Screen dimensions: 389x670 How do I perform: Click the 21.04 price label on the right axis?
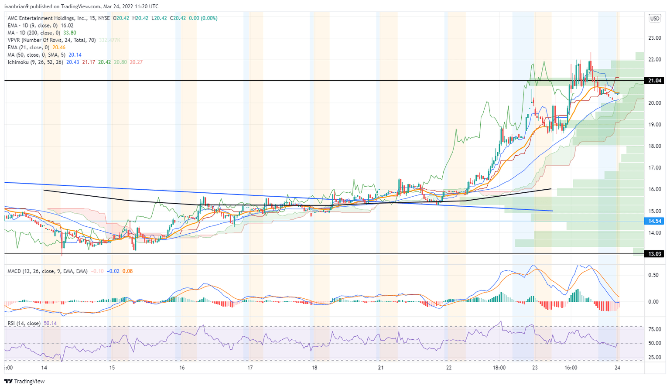click(654, 81)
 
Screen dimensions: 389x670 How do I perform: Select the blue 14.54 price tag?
click(654, 221)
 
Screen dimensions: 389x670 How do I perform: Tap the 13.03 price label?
click(654, 254)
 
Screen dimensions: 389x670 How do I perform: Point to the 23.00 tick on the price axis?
click(654, 38)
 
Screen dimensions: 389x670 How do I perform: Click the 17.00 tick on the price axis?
click(654, 167)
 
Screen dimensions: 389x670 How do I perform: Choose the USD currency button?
click(655, 18)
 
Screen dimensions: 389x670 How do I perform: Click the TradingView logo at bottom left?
click(24, 381)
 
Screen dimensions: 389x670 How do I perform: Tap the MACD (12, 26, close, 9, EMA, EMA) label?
click(47, 271)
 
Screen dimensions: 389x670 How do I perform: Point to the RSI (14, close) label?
click(24, 323)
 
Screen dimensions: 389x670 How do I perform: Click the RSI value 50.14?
click(51, 323)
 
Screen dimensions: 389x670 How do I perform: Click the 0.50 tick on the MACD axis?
click(653, 275)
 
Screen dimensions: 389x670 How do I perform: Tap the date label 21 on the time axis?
click(381, 368)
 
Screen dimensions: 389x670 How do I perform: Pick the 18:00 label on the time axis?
click(499, 368)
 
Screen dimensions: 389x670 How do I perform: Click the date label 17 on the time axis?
click(250, 368)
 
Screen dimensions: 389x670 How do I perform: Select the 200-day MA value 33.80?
click(70, 33)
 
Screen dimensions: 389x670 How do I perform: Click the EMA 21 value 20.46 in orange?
click(59, 48)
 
